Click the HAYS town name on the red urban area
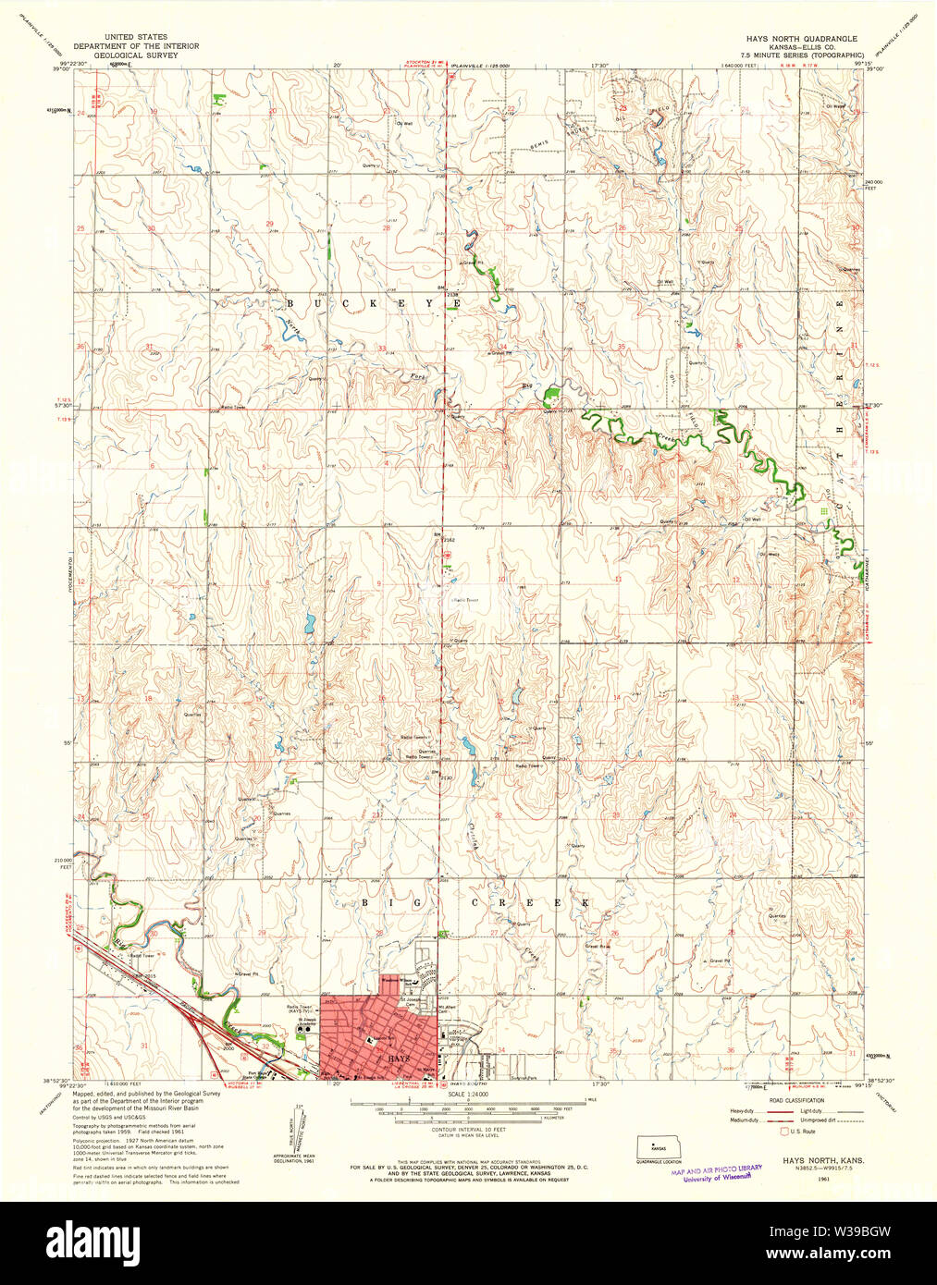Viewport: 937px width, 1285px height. pos(399,1057)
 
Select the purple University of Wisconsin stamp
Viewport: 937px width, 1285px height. pos(717,1172)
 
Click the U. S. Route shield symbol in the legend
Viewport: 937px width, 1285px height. pos(785,1131)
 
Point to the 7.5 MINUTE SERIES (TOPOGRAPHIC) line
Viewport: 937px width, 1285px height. pos(808,55)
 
